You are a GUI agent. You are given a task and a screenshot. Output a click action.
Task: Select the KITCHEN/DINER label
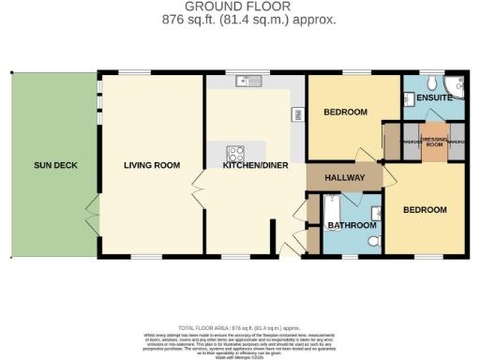point(249,166)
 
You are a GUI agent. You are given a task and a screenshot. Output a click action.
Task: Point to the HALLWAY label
point(344,177)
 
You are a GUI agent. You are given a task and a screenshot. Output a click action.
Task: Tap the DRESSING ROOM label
point(434,142)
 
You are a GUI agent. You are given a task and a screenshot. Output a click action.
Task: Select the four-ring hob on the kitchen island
point(232,154)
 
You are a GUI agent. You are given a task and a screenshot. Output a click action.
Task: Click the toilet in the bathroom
point(372,242)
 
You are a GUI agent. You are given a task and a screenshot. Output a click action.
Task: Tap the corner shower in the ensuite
point(457,82)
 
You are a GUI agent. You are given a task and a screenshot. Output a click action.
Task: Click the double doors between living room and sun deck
point(90,205)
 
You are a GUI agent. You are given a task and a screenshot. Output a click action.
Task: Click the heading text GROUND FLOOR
point(239,7)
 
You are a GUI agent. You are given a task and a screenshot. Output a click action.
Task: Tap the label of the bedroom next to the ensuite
point(344,112)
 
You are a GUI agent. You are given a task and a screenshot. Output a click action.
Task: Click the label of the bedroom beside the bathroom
point(424,210)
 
